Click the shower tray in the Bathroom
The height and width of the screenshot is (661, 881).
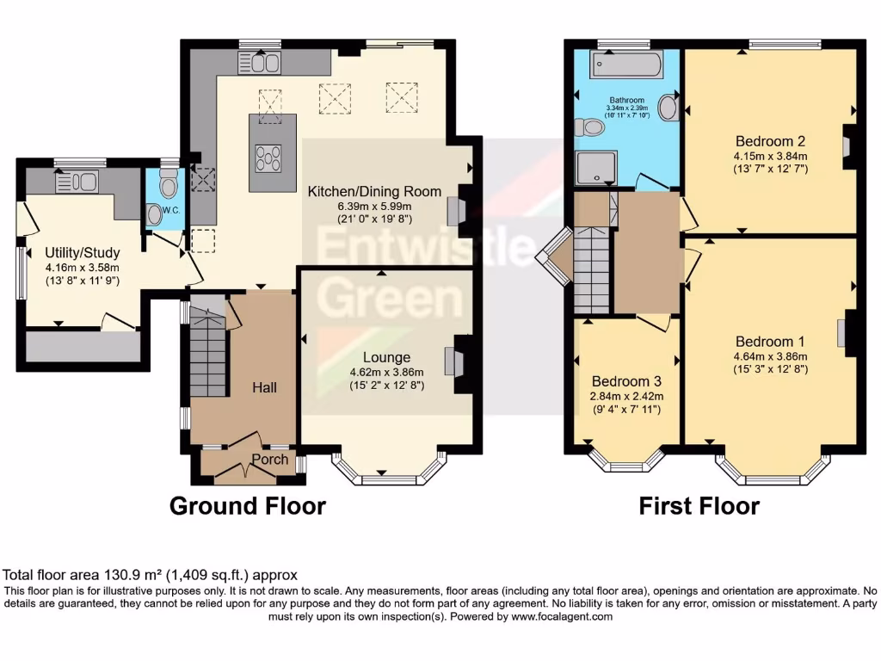coord(595,170)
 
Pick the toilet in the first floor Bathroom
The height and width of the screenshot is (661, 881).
coord(591,127)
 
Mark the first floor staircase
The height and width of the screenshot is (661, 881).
coord(591,269)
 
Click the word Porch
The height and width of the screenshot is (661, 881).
coord(270,460)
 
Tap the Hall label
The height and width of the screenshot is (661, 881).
coord(264,388)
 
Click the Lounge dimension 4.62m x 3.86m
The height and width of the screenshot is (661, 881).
coord(386,373)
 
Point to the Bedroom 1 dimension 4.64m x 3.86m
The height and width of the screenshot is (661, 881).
coord(771,356)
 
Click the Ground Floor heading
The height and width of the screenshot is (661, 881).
coord(248,505)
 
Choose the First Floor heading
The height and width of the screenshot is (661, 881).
coord(699,506)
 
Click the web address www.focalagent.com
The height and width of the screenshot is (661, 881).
coord(562,616)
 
